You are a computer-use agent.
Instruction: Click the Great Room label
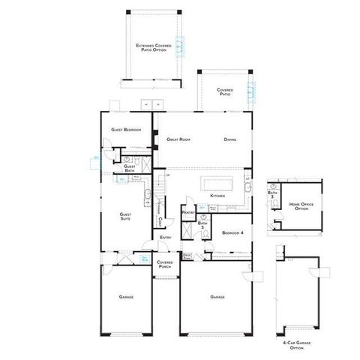(178, 139)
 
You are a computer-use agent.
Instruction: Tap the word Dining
(230, 139)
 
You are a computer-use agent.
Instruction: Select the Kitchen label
(217, 196)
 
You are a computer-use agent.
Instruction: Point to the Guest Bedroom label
(126, 130)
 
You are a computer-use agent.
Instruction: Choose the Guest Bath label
(130, 169)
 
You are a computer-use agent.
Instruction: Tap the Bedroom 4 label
(232, 233)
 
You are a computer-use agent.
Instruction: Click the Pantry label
(188, 212)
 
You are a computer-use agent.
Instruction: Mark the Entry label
(165, 239)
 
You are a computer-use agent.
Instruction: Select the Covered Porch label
(165, 264)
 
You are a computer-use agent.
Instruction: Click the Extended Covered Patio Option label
(153, 48)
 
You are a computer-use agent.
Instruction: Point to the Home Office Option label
(301, 205)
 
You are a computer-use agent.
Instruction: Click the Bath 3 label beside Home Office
(273, 194)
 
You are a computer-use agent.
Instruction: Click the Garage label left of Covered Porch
(126, 298)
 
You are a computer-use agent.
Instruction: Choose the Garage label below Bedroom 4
(217, 298)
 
